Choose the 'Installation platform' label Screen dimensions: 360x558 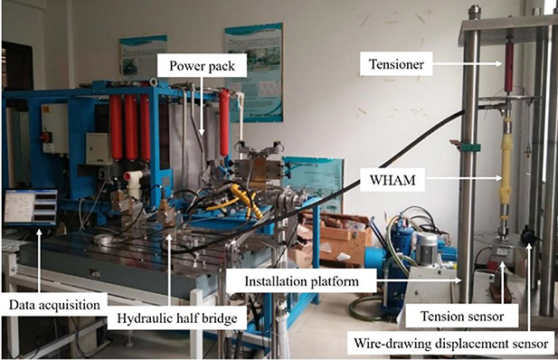click(x=300, y=281)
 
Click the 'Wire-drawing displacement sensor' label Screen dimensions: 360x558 click(x=450, y=344)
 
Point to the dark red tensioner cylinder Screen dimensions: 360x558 click(x=509, y=65)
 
